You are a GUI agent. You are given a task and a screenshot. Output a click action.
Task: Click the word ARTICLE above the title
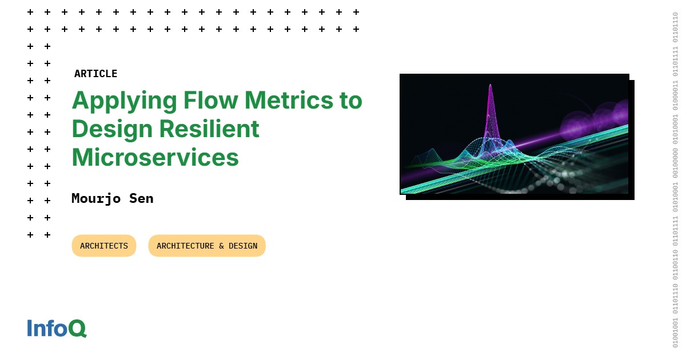point(95,74)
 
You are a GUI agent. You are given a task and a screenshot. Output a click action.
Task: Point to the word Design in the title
point(109,129)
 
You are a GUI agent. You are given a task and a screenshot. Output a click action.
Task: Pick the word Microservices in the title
point(155,157)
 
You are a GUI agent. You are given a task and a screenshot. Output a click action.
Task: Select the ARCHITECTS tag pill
point(104,246)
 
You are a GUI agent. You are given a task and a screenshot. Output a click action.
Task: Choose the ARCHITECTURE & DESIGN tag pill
point(207,246)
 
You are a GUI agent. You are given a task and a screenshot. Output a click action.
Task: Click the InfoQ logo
point(57,329)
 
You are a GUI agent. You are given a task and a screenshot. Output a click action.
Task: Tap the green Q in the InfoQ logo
point(78,329)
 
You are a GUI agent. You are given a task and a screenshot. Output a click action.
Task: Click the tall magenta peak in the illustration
point(490,109)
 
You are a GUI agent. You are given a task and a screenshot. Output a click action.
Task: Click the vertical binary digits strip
point(675,180)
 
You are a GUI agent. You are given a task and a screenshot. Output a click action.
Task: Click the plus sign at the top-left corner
point(30,12)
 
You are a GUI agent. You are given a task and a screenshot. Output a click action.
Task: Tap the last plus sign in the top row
point(356,12)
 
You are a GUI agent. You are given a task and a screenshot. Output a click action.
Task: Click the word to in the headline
point(350,101)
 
